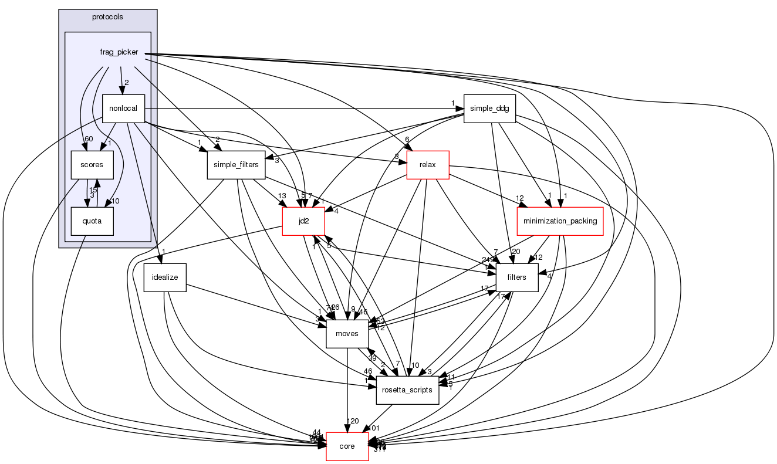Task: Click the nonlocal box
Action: [123, 109]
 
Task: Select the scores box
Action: [92, 165]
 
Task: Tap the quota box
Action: [92, 221]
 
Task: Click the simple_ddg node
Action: [489, 109]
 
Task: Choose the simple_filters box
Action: [233, 165]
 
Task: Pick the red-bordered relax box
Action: [428, 165]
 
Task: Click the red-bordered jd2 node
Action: [303, 221]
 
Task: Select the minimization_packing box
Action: [560, 221]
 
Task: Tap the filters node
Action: [517, 277]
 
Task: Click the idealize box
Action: [165, 277]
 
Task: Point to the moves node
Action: [347, 334]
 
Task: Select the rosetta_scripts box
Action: [407, 390]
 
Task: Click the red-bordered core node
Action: [347, 446]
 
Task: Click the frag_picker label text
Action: [119, 52]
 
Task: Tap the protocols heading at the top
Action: [108, 16]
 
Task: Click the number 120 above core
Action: [353, 421]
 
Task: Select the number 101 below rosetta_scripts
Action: [374, 428]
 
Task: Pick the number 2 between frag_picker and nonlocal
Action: [126, 83]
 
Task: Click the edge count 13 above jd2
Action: [282, 196]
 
